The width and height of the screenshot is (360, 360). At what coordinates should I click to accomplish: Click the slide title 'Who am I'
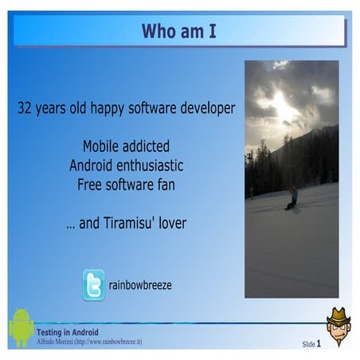pos(178,31)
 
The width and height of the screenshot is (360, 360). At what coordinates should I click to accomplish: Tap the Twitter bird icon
pos(94,284)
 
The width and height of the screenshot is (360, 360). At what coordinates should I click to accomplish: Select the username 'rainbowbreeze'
pos(141,285)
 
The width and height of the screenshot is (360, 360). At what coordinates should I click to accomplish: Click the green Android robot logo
pos(21,327)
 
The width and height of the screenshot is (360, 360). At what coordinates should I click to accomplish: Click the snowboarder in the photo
pos(292,197)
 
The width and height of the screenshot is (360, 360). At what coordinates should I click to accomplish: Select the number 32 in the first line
pos(25,108)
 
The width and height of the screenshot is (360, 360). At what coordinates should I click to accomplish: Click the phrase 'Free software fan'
pos(126,184)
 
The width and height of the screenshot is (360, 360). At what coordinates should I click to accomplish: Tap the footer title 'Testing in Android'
pos(68,331)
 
